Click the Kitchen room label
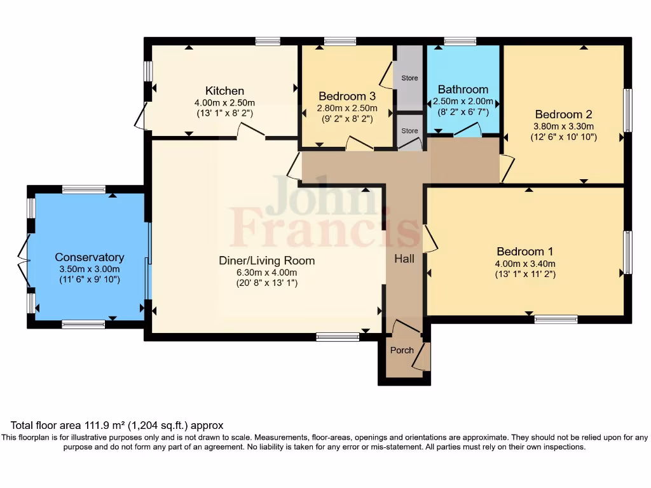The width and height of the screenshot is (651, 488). pos(224,91)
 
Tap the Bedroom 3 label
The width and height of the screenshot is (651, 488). pos(347,97)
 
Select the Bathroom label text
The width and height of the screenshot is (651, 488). pos(463,90)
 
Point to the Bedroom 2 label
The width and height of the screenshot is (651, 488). pos(563,114)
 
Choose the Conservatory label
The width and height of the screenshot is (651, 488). pos(89,257)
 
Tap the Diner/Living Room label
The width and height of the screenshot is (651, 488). pos(266,261)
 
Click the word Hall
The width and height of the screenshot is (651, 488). pos(404,259)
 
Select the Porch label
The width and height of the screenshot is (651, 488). pos(402,350)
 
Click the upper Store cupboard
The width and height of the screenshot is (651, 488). pos(409,78)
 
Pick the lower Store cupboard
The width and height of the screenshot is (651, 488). pos(409,131)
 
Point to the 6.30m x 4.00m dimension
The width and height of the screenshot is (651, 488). pos(266,273)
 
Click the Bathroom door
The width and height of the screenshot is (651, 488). pos(467,130)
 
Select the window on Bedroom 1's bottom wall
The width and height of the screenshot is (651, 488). pos(556,320)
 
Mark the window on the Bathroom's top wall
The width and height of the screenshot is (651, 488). pos(460,41)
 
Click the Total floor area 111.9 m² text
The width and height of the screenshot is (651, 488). pos(116,426)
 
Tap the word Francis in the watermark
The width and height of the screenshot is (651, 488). pos(324,227)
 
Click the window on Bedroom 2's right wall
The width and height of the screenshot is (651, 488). pos(627,110)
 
